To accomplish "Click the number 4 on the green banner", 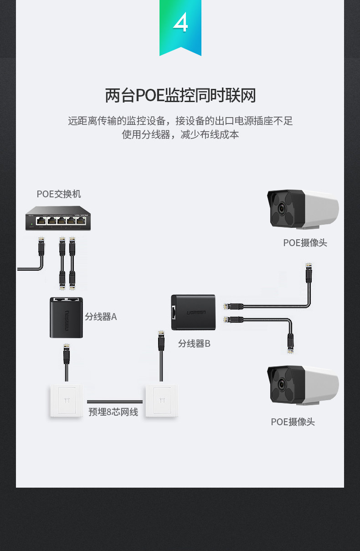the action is click(x=180, y=23).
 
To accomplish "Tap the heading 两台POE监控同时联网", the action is click(x=180, y=96).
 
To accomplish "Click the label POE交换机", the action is click(x=59, y=194).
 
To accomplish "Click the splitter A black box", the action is click(x=66, y=318).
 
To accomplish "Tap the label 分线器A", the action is click(x=101, y=316).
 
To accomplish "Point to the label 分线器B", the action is click(x=194, y=344).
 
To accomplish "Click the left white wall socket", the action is click(x=67, y=401).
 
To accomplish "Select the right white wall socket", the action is click(x=161, y=401).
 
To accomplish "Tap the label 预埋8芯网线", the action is click(x=113, y=412).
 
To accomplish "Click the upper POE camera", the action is click(x=303, y=210).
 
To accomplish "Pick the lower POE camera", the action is click(x=303, y=385).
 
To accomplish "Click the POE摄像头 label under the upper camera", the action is click(x=305, y=243).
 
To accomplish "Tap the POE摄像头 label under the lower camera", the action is click(x=293, y=422).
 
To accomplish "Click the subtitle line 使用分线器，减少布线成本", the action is click(x=180, y=135).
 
